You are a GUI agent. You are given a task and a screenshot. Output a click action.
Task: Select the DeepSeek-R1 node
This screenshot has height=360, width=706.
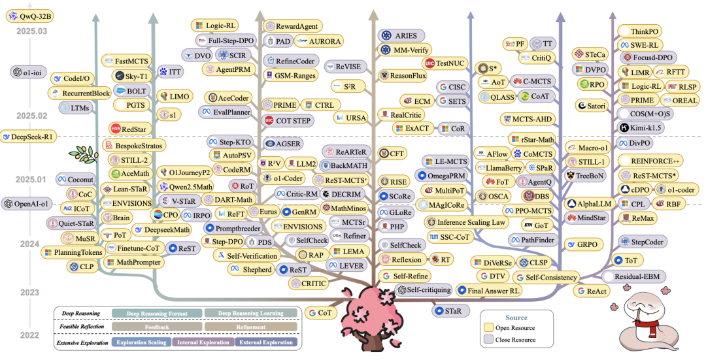click(x=30, y=137)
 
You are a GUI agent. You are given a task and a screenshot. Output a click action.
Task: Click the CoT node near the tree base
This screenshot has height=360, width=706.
click(x=320, y=312)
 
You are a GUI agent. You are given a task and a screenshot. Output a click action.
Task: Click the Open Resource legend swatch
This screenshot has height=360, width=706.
click(x=488, y=328)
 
